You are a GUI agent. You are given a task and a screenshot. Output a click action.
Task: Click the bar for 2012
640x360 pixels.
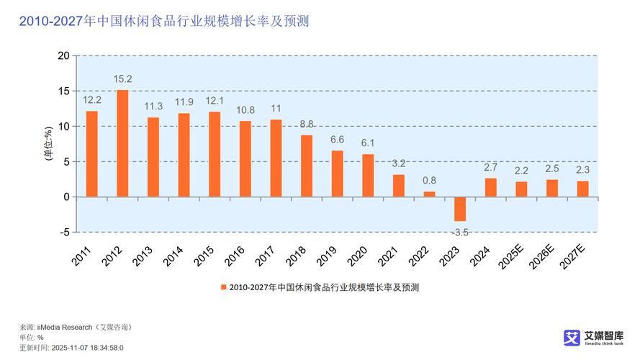(122, 143)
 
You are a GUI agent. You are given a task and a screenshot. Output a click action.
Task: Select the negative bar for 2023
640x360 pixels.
(460, 209)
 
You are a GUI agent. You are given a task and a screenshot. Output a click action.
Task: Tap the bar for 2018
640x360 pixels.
(307, 166)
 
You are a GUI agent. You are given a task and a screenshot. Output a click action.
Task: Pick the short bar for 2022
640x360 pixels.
(430, 194)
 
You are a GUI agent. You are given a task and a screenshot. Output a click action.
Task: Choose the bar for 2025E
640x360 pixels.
(521, 189)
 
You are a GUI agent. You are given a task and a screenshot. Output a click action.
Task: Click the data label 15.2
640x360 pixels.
(122, 79)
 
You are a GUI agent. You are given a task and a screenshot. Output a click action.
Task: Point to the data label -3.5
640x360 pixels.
(460, 233)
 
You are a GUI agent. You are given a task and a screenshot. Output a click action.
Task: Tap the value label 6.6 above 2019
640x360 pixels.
(337, 140)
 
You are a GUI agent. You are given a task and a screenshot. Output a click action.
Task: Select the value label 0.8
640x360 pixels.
(430, 181)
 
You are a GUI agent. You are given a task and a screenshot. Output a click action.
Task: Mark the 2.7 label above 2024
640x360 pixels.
(491, 167)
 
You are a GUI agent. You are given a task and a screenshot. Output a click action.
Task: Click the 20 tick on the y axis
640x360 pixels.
(63, 55)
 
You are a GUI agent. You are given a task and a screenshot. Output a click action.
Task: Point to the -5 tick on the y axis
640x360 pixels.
(63, 232)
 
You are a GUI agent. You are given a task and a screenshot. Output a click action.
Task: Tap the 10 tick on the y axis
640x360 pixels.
(63, 126)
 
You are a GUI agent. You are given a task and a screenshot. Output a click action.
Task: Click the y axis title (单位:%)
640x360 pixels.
(48, 144)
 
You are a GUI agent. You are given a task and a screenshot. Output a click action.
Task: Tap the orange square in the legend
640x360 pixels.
(223, 287)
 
